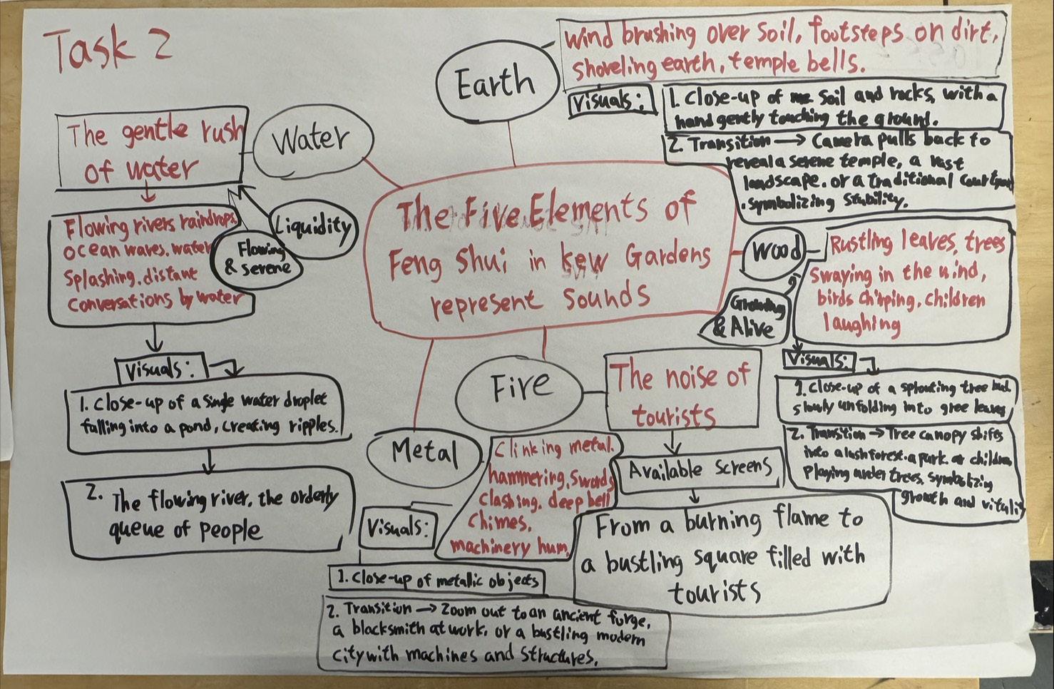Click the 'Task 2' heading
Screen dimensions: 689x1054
tap(107, 49)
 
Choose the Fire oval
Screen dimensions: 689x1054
tap(519, 387)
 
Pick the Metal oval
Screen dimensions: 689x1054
tap(424, 452)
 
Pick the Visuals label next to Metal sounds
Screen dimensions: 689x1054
tap(399, 529)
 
